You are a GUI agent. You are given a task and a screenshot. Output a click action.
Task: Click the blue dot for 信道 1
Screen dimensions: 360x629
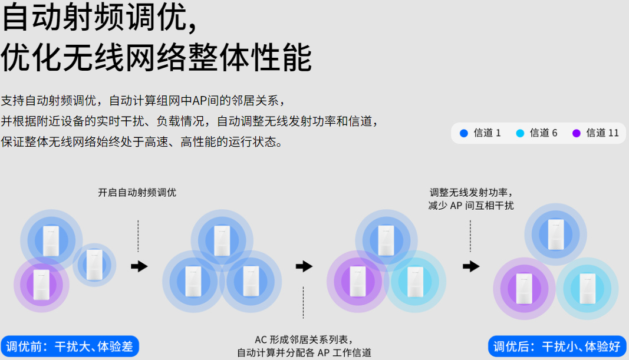pyautogui.click(x=463, y=133)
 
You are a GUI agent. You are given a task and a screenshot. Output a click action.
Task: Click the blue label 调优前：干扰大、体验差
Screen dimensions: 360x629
pyautogui.click(x=70, y=346)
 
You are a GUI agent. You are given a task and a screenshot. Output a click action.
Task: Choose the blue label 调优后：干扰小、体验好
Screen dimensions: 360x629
pyautogui.click(x=557, y=346)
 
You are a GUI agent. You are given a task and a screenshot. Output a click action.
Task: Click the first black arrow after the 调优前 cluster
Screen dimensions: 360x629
pyautogui.click(x=139, y=266)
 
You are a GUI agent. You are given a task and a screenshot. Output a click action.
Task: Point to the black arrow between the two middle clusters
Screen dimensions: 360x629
pyautogui.click(x=304, y=266)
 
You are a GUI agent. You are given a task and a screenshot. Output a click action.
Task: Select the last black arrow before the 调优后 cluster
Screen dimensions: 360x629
pyautogui.click(x=470, y=266)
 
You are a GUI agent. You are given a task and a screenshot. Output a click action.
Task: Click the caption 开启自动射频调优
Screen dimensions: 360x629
pyautogui.click(x=137, y=193)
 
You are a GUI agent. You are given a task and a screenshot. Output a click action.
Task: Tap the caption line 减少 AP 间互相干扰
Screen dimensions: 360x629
pyautogui.click(x=470, y=206)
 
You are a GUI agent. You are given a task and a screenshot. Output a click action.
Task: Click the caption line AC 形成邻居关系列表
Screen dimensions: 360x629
pyautogui.click(x=304, y=339)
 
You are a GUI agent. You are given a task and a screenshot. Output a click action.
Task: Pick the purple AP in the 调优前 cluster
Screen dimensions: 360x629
pyautogui.click(x=41, y=285)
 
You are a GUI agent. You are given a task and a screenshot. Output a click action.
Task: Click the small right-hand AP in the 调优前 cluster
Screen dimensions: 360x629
pyautogui.click(x=94, y=265)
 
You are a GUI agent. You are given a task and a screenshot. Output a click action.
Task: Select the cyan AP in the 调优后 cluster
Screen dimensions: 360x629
pyautogui.click(x=587, y=288)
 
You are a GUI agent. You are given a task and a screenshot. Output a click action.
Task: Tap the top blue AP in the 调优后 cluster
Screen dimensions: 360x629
pyautogui.click(x=555, y=235)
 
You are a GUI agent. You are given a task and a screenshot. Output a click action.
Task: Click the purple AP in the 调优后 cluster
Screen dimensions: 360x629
pyautogui.click(x=524, y=288)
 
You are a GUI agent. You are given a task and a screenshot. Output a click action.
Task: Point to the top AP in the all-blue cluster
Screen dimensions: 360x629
pyautogui.click(x=222, y=240)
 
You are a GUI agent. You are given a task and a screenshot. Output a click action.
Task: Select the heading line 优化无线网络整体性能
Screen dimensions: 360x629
pyautogui.click(x=156, y=57)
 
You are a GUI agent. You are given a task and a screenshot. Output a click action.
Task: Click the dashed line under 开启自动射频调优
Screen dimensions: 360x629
pyautogui.click(x=138, y=236)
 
